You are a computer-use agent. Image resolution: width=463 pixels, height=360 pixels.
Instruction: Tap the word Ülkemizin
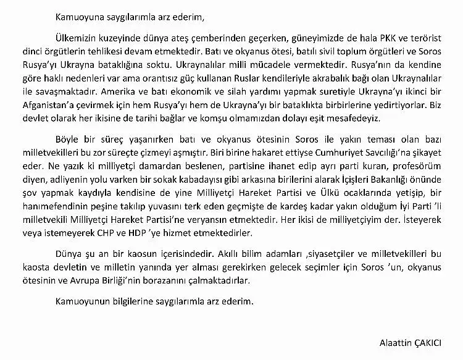click(x=69, y=36)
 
